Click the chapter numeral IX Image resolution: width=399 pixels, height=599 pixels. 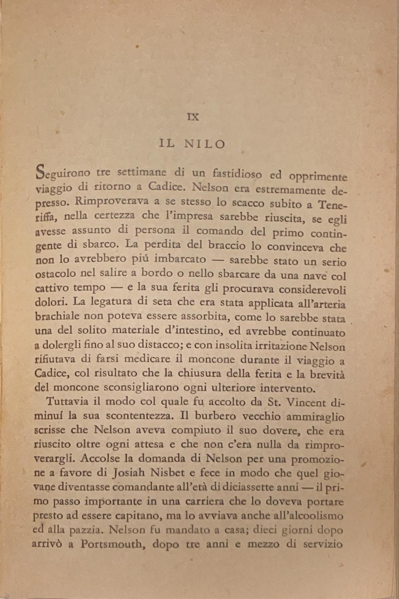pos(193,117)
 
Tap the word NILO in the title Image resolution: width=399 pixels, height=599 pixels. pos(205,144)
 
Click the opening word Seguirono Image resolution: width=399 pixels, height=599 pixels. pos(63,173)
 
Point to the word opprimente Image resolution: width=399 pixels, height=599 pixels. pos(318,176)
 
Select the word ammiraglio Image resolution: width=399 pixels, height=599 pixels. pos(315,417)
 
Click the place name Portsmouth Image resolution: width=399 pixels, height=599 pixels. pos(113,544)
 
